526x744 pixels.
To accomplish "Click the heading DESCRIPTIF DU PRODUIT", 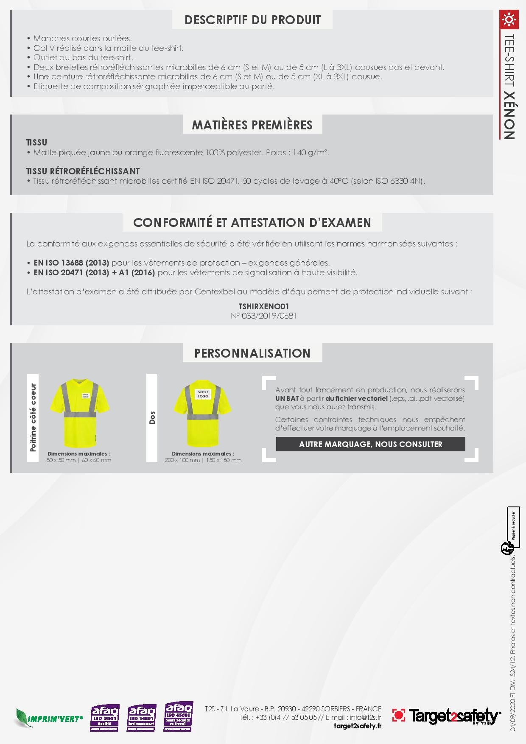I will (252, 20).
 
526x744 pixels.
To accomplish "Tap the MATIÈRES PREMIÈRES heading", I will (252, 125).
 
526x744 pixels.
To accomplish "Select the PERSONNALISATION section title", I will (252, 353).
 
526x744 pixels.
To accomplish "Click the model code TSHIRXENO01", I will (263, 306).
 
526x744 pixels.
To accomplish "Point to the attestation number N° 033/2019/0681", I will (263, 316).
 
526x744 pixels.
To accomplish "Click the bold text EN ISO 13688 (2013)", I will (71, 263).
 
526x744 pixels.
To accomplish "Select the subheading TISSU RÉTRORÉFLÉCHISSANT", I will (83, 171).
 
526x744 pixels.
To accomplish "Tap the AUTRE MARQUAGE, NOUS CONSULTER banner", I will (370, 444).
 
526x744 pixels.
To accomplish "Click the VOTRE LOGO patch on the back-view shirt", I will (203, 394).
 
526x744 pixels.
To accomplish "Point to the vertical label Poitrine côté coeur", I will (33, 418).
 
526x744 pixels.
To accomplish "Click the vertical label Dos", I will (152, 418).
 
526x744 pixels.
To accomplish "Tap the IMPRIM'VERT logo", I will (49, 718).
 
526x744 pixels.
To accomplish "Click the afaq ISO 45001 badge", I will (179, 717).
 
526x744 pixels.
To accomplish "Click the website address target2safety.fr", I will (358, 726).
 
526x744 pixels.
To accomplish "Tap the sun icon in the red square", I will (508, 20).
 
